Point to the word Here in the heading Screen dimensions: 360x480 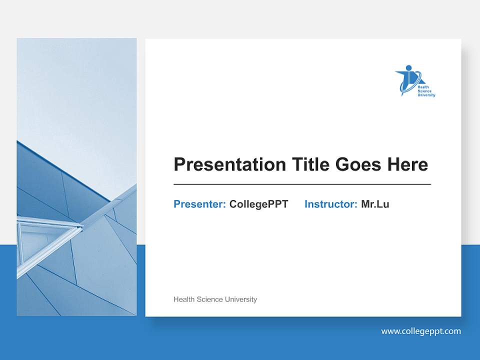pos(407,164)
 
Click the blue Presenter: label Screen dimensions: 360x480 pos(199,204)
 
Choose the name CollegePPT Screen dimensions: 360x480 pos(258,204)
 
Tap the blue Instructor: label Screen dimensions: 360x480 pos(330,204)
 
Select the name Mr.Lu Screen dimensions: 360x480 pos(375,204)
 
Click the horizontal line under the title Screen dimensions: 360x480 pos(302,184)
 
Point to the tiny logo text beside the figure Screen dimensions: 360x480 pos(426,91)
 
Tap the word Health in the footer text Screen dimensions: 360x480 pos(184,299)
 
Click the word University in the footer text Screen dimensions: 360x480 pos(241,299)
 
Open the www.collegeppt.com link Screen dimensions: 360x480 pos(421,331)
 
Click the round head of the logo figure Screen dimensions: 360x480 pos(409,67)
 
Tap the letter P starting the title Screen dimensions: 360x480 pos(179,164)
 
